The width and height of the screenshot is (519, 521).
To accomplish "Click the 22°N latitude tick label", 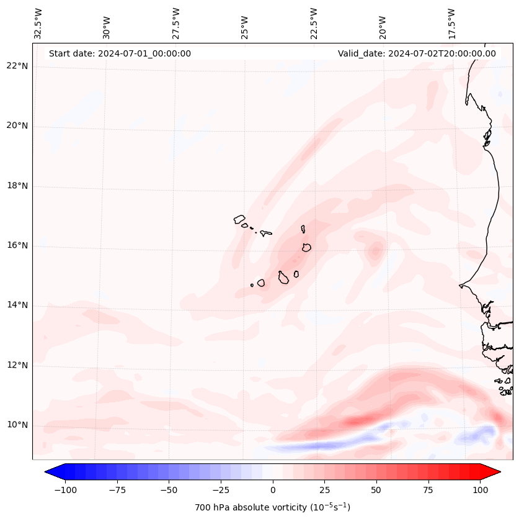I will click(17, 66).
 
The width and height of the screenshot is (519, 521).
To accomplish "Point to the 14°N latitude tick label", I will click(17, 305).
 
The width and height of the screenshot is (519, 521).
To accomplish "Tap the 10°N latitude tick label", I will click(17, 425).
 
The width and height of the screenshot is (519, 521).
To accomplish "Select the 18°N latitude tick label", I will click(17, 186).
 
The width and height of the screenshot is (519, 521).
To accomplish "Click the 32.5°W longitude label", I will click(38, 24).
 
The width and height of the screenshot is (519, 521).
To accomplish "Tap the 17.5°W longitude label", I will click(451, 24).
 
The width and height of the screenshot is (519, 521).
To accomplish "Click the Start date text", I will click(120, 53).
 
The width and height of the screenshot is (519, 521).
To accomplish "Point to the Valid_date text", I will click(417, 53).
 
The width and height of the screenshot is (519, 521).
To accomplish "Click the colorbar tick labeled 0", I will click(273, 490).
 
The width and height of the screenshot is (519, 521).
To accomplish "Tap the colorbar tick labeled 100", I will click(480, 490).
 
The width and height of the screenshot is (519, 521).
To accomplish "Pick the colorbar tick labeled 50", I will click(376, 490).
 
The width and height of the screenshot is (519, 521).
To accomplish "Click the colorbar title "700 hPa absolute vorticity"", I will click(273, 507).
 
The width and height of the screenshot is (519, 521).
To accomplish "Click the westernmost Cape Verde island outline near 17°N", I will click(239, 219).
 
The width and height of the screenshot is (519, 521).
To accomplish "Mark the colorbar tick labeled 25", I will click(324, 490).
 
